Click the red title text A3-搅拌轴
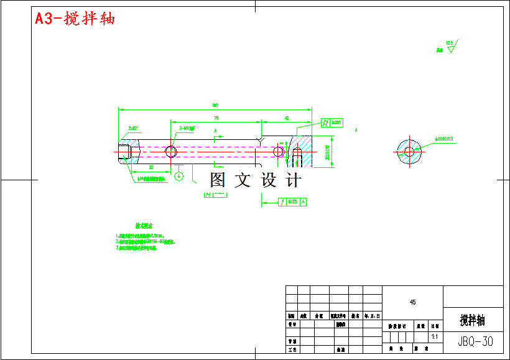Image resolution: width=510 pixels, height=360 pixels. point(75,19)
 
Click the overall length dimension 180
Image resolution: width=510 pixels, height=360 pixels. point(215,105)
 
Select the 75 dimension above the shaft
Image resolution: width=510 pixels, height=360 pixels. point(215,118)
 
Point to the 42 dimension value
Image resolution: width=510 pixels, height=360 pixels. point(287,118)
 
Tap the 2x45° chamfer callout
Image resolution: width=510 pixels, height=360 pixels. point(133,128)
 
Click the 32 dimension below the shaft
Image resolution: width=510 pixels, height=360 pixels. point(151,168)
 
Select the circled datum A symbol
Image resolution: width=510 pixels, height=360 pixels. point(179,176)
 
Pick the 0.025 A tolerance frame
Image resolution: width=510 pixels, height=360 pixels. point(293,201)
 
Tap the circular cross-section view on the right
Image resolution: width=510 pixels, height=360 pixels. point(409,150)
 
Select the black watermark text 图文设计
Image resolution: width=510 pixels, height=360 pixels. point(255,180)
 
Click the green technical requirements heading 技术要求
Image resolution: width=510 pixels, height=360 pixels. point(144,226)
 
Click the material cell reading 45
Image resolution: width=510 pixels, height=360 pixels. point(412,302)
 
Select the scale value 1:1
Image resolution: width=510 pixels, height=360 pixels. point(435,336)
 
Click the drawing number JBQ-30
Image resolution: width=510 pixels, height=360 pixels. point(475,341)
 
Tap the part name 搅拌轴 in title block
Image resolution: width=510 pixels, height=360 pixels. point(473,321)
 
